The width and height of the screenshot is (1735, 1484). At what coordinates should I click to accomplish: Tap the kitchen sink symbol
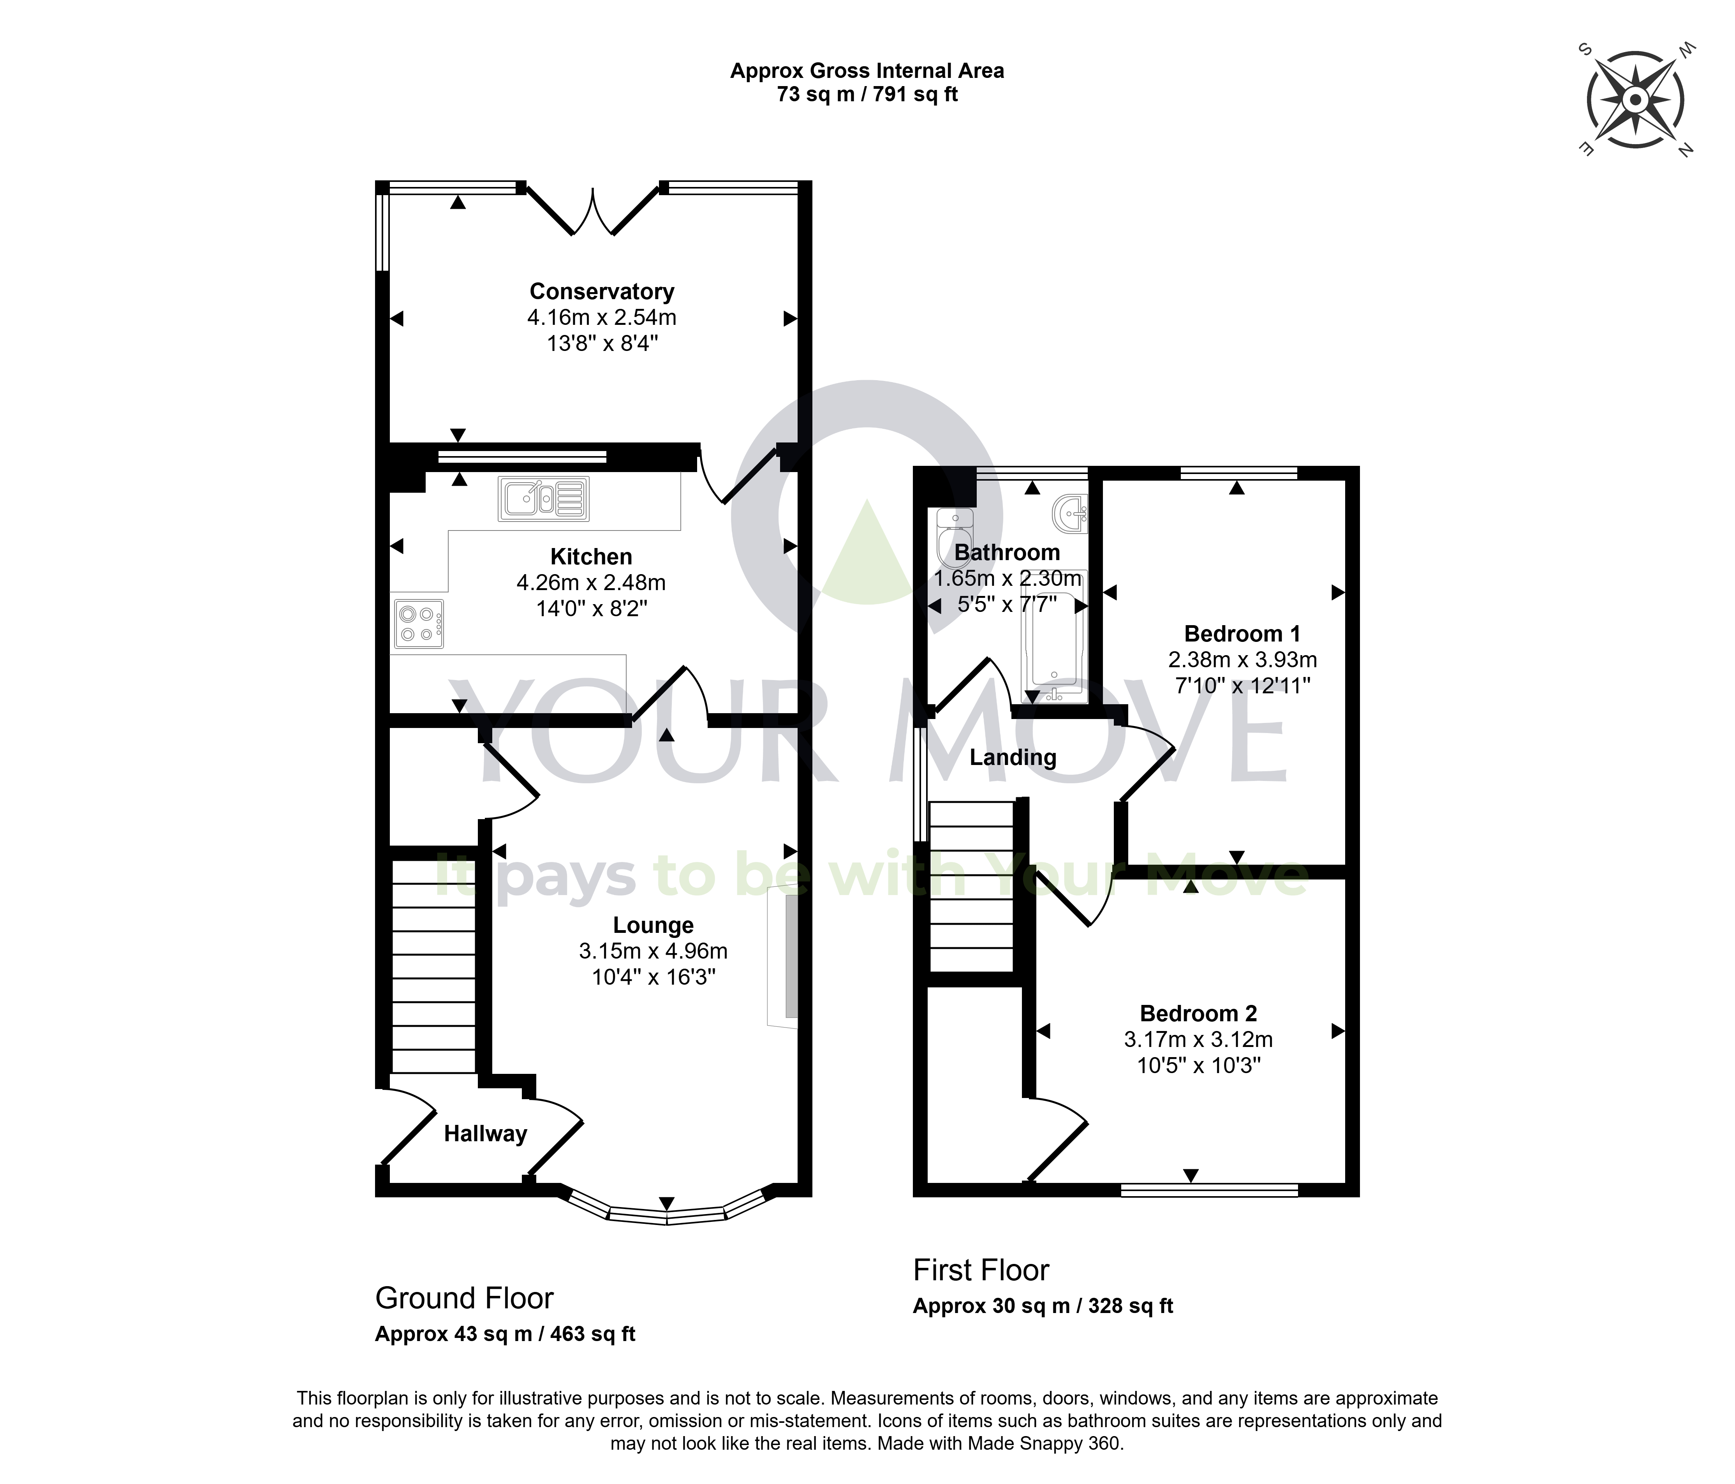click(543, 499)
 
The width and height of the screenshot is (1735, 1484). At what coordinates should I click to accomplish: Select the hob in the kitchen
click(419, 624)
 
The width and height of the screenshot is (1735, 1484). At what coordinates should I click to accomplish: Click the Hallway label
click(486, 1134)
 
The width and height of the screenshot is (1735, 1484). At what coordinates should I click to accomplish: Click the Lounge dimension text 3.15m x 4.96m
click(653, 952)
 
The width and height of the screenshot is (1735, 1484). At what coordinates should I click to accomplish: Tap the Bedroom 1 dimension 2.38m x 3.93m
click(1243, 660)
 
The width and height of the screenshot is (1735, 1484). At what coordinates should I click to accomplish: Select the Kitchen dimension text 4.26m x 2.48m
click(591, 582)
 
